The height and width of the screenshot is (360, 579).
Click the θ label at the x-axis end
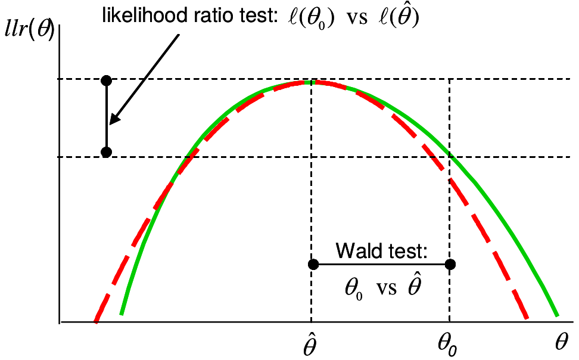coord(562,342)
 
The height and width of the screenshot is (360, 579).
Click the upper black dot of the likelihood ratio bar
coord(107,80)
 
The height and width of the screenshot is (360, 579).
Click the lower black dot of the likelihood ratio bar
coord(107,152)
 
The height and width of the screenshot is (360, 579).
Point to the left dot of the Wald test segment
coord(311,264)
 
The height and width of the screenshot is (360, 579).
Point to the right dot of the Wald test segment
coord(450,264)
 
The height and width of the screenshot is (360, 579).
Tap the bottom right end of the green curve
coord(556,314)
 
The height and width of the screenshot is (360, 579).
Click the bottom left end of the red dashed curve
coord(95,321)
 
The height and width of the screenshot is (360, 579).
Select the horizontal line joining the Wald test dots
coord(381,264)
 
